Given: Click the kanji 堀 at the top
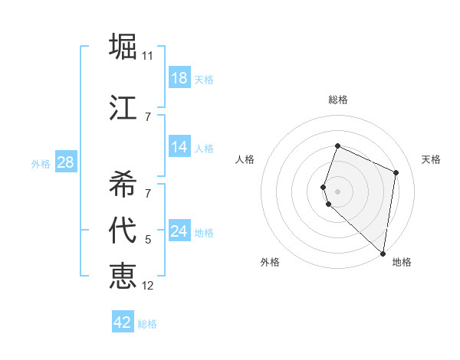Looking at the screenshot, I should (x=123, y=46).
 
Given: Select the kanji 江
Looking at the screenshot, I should (x=123, y=106).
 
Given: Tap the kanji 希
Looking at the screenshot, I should (x=123, y=183).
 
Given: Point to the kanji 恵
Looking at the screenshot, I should (x=123, y=275).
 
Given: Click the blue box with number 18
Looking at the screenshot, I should (x=179, y=78).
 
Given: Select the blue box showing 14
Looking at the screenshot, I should (x=179, y=147).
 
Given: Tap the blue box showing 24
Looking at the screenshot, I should (x=179, y=231).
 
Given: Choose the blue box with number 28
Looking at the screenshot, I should (x=65, y=162).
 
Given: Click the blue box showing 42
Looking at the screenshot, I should (x=123, y=322).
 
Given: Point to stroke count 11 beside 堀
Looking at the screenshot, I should (x=148, y=56).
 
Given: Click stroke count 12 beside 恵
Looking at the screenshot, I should (x=148, y=286).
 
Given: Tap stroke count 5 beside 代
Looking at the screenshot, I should (x=148, y=240).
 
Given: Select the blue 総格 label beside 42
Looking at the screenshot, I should (x=147, y=324).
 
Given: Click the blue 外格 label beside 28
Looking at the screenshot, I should (x=41, y=163).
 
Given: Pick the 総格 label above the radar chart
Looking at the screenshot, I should (x=338, y=100).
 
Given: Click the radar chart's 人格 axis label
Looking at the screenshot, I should (x=245, y=159).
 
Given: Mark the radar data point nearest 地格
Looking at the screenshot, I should (x=383, y=254).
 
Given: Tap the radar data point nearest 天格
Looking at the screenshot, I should (x=396, y=172).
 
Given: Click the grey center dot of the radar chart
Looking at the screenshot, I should (x=338, y=191).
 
